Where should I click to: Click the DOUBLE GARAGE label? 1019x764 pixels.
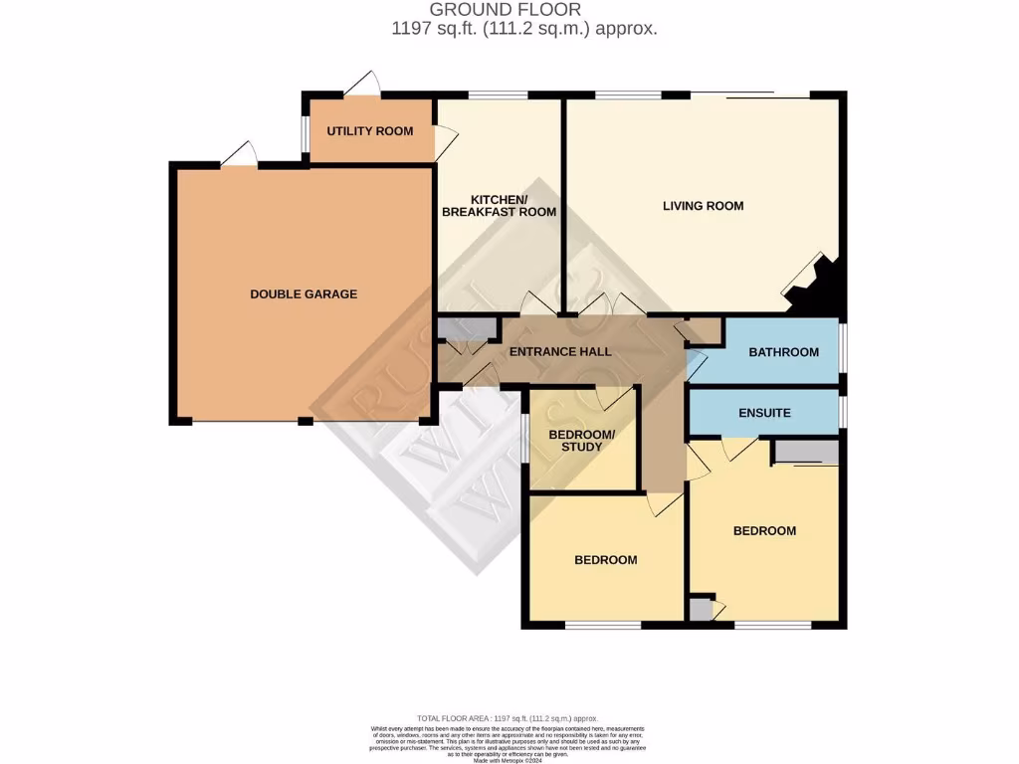click(303, 294)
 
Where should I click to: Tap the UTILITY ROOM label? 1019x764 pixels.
click(369, 131)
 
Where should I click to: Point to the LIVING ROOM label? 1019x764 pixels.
click(703, 207)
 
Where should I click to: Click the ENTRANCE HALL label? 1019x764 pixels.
click(559, 352)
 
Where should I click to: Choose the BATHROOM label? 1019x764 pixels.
click(783, 352)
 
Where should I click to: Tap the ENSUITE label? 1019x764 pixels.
click(764, 413)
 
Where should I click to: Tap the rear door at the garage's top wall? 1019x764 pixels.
click(239, 154)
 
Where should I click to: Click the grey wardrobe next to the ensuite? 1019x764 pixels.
click(806, 453)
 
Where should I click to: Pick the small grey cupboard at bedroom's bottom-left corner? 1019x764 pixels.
click(702, 609)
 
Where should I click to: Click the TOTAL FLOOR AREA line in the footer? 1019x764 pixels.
click(509, 718)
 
